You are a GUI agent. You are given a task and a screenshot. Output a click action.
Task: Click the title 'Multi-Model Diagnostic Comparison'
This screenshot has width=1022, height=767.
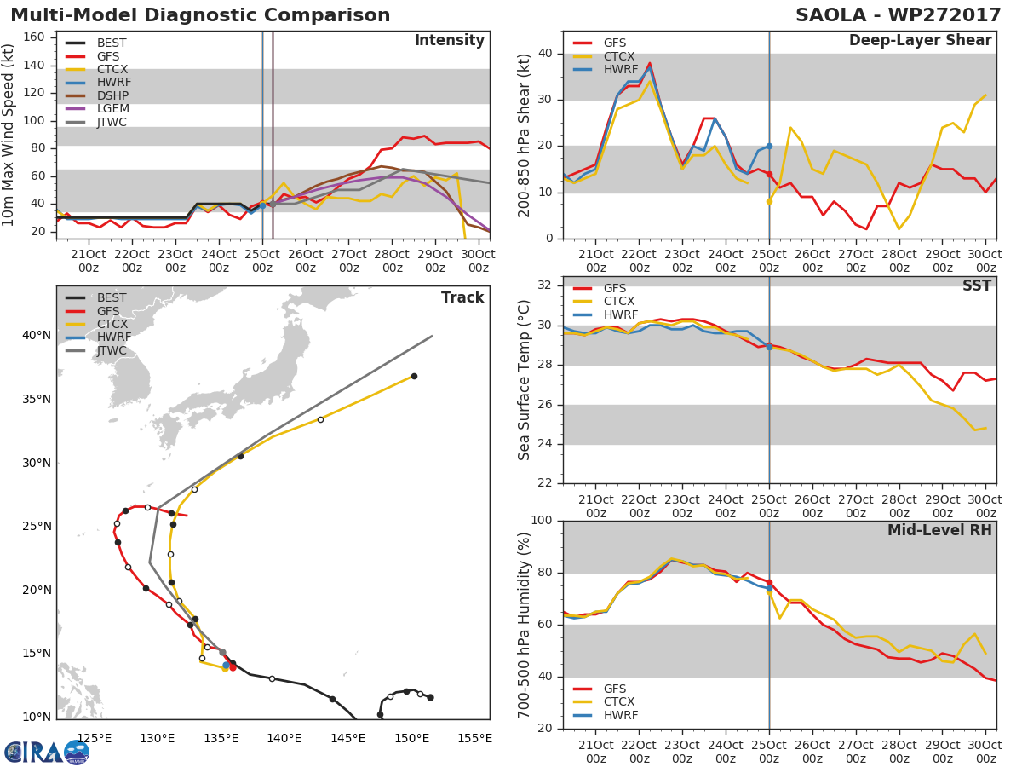point(200,15)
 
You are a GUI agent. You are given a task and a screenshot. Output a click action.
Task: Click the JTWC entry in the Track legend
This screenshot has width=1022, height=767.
point(112,351)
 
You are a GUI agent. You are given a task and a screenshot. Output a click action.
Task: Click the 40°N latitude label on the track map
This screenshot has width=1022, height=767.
point(36,336)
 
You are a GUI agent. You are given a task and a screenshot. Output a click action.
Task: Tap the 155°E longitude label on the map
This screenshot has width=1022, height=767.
point(475,738)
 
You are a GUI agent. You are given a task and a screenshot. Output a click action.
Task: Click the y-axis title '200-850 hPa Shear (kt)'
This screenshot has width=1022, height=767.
point(525,135)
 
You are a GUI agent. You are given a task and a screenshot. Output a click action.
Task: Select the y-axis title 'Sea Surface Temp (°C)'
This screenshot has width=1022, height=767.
point(525,379)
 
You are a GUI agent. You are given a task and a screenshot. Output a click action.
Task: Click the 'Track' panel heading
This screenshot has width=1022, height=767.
point(462,297)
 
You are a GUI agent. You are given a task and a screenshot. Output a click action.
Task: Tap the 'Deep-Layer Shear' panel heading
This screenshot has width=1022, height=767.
point(920,41)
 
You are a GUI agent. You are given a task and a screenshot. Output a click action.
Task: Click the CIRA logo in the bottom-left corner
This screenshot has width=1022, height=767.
point(46,752)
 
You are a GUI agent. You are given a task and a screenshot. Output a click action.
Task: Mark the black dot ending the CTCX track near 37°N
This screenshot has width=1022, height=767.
point(414,376)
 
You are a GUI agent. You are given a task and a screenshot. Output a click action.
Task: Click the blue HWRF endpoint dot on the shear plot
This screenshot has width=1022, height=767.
point(769,146)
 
